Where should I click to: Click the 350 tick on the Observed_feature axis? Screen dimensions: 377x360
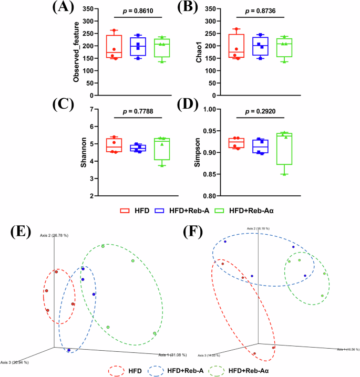click(x=90, y=9)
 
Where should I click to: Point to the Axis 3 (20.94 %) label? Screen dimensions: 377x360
click(x=14, y=362)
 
